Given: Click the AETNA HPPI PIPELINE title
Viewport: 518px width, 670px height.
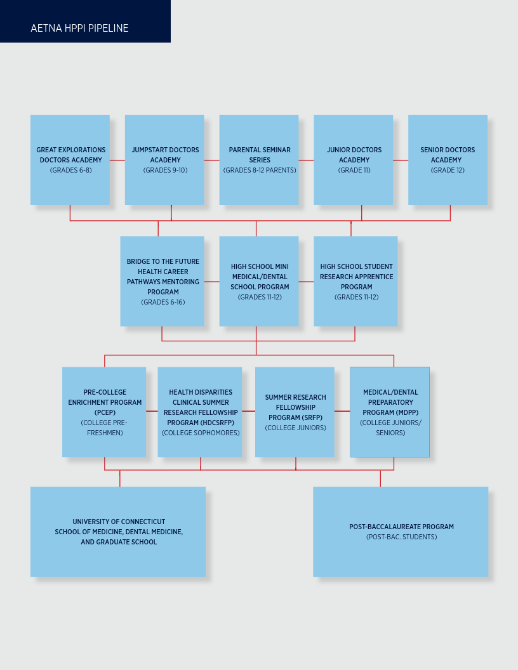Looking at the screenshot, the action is tap(79, 28).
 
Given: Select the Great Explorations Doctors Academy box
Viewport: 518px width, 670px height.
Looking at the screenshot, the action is tap(70, 160).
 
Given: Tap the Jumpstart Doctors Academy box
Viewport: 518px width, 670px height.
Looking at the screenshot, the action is tap(164, 160).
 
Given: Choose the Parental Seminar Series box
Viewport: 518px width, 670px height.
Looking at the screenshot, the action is tap(259, 160).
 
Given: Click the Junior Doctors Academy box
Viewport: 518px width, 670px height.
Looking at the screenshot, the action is tap(354, 160).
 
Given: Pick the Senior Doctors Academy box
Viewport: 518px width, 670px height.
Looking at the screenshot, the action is tap(448, 160).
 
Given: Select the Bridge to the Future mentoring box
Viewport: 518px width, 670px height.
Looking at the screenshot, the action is tap(162, 281).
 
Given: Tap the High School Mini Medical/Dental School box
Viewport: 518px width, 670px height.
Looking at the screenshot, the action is tap(259, 281).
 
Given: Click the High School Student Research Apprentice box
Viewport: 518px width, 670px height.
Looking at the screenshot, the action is tap(355, 281).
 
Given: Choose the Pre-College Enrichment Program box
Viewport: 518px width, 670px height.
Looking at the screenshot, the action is tap(104, 412).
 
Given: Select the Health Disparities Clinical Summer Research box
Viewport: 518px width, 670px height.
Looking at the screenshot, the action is tap(200, 412).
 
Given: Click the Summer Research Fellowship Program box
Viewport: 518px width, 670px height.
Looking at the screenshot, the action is tap(295, 412).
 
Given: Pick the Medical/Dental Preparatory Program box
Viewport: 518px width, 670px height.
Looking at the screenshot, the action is tap(390, 412).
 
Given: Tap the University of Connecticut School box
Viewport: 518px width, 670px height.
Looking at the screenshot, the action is tap(118, 532).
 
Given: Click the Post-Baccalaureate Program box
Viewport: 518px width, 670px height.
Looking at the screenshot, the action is tap(401, 532).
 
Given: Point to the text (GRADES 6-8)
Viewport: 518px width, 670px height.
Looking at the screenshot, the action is tap(71, 170).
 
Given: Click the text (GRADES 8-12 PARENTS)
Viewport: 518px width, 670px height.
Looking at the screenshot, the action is tap(260, 170).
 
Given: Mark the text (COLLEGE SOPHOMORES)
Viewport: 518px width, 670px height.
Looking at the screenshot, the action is tap(201, 433).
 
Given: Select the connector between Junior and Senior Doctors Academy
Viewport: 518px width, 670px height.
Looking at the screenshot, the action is tap(401, 161).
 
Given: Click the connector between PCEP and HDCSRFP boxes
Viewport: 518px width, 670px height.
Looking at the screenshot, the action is tap(152, 411).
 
